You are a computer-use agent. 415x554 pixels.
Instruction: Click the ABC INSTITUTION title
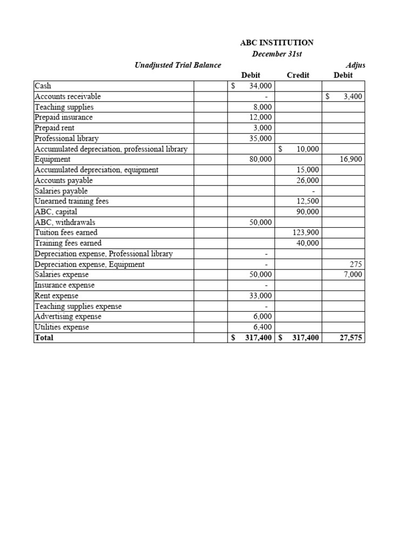(x=277, y=43)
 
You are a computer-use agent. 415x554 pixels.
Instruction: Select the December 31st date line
(x=277, y=54)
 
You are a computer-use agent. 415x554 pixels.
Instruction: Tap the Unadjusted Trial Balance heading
(x=177, y=65)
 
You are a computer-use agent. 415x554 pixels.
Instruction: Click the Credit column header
(x=298, y=75)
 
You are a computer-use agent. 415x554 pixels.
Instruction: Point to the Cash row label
(x=43, y=85)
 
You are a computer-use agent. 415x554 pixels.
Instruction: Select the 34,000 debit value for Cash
(x=260, y=86)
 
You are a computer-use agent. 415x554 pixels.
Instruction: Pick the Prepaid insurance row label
(x=63, y=117)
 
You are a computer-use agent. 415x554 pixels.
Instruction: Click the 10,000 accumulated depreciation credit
(x=308, y=149)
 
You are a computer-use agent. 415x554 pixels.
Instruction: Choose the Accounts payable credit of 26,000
(x=308, y=181)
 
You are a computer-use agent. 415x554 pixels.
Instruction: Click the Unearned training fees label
(x=71, y=201)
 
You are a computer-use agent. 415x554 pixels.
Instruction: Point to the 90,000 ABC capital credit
(x=308, y=212)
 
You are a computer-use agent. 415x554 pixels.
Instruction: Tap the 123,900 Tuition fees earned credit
(x=306, y=233)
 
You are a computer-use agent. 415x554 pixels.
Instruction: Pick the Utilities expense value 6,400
(x=263, y=327)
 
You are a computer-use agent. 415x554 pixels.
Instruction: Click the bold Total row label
(x=44, y=338)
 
